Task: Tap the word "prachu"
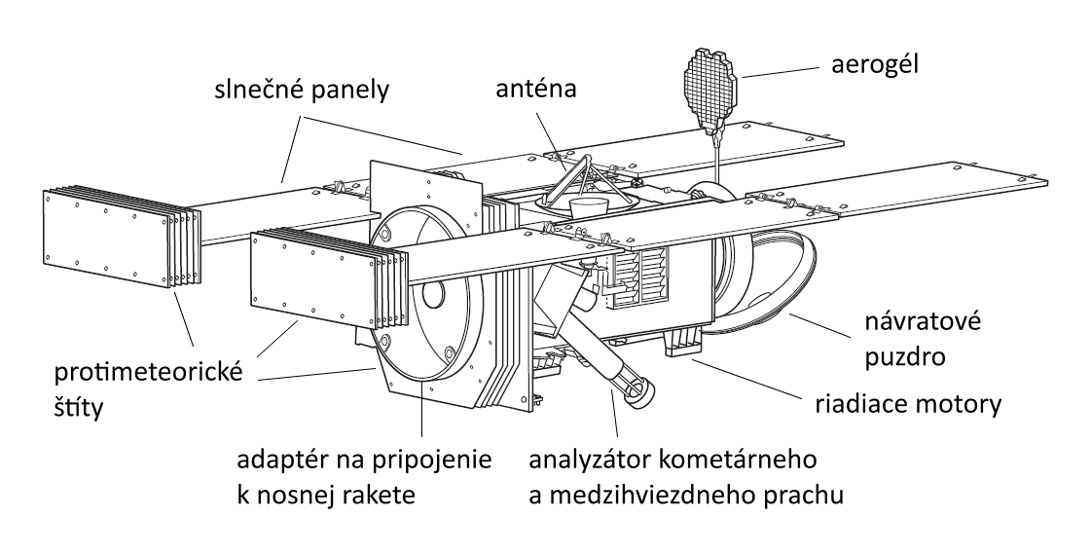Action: pos(797,493)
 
